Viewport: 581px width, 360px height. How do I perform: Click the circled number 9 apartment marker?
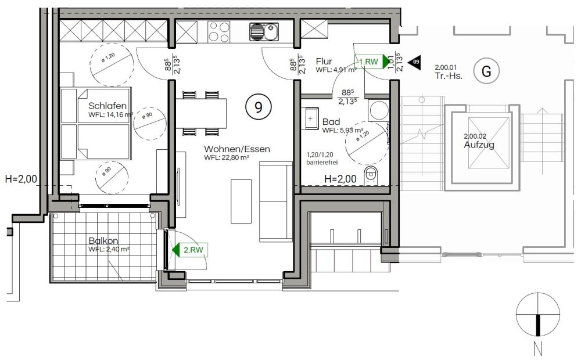point(258,106)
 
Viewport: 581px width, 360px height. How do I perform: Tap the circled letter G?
point(486,71)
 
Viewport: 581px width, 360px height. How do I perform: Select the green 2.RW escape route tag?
point(191,250)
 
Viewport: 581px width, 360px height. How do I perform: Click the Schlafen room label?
point(107,106)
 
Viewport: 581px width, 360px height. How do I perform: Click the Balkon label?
point(103,241)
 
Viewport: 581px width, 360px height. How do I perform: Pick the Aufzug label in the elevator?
point(479,145)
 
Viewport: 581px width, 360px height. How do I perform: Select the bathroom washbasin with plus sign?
point(311,118)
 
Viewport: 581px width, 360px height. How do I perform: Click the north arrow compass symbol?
point(538,315)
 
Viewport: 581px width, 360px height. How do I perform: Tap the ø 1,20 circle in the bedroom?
point(110,64)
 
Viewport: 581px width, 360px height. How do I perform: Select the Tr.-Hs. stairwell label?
point(449,75)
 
